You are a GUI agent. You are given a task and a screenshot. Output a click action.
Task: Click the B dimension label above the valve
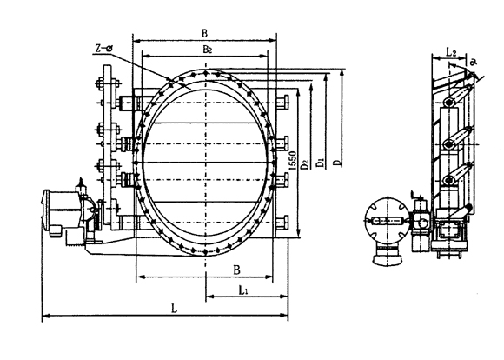coord(204,33)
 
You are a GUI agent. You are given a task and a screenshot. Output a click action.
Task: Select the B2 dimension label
coord(208,50)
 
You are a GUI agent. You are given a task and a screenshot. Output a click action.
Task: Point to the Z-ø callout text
coord(103,48)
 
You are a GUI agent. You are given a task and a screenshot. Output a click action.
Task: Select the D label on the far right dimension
coord(336,162)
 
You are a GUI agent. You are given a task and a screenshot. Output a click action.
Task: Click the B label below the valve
coord(236,270)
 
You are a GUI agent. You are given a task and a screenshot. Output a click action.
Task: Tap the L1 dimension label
coord(243,290)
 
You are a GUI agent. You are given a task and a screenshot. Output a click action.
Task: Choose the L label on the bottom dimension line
coord(174,310)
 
